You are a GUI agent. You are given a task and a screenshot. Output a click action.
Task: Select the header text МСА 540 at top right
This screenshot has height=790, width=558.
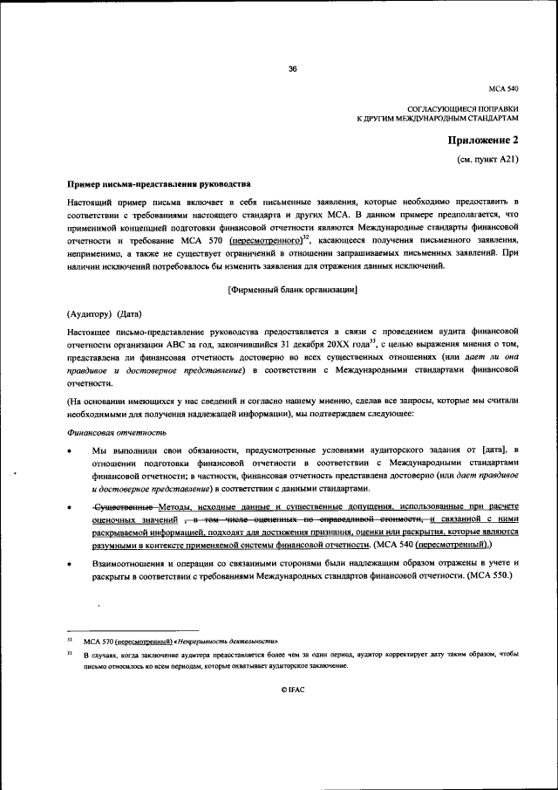(505, 89)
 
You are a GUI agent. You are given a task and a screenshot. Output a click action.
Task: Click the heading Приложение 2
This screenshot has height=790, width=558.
(483, 141)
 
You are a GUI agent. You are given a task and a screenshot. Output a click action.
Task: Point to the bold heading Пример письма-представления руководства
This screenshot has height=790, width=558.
(159, 185)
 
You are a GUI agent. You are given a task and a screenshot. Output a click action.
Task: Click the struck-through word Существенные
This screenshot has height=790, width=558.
(126, 506)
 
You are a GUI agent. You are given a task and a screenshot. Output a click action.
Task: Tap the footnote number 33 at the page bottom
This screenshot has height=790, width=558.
(69, 653)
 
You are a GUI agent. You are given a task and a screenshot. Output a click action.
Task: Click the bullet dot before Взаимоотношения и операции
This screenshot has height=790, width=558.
(70, 567)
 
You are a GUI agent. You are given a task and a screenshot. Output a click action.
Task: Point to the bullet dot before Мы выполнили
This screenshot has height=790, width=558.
(70, 450)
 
